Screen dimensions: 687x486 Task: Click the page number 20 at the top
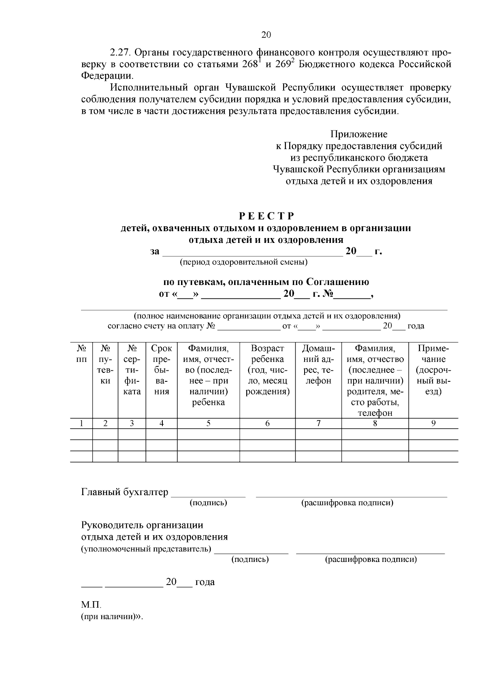pos(266,35)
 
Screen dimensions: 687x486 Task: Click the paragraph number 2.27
pos(120,53)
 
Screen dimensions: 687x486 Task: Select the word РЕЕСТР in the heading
pos(266,216)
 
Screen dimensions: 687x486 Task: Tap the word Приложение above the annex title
pos(358,134)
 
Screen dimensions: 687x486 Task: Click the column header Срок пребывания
pos(161,370)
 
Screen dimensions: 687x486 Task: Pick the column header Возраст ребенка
pos(267,370)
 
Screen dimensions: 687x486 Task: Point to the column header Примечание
pos(433,370)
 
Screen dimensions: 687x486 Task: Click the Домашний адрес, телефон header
pos(318,364)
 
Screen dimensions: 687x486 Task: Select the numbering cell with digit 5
pos(208,423)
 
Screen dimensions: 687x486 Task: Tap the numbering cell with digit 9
pos(433,423)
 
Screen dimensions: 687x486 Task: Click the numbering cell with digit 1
pos(81,423)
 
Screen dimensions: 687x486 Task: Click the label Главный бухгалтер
pos(125,492)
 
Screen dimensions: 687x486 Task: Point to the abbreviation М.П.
pos(91,605)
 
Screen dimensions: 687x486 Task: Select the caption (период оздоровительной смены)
pos(243,262)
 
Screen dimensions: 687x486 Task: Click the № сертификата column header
pos(132,370)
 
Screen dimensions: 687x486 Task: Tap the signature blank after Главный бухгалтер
pos(208,493)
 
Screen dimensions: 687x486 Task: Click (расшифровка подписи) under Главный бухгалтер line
pos(347,503)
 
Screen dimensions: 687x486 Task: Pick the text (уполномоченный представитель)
pos(146,549)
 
